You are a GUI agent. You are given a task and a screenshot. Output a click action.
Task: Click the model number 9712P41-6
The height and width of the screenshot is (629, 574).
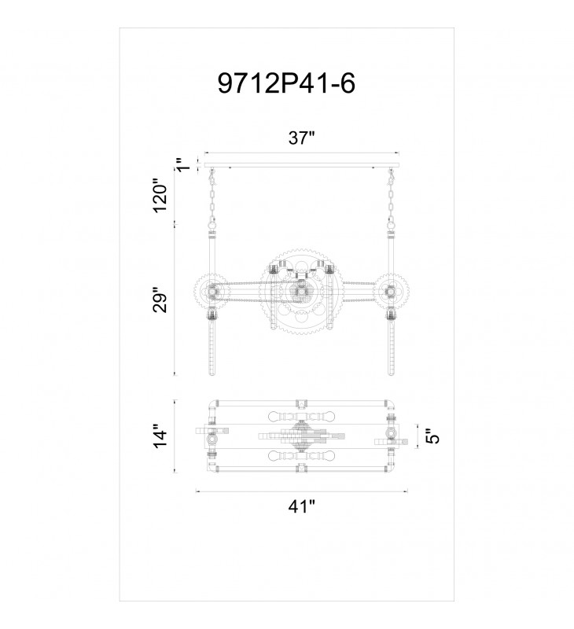(x=286, y=83)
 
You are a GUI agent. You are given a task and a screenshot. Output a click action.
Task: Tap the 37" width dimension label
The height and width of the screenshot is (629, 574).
(x=302, y=138)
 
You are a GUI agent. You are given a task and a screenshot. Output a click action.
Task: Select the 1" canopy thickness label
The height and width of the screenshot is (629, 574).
(x=183, y=164)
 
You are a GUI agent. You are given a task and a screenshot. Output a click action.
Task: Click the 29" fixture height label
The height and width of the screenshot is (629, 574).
(x=161, y=300)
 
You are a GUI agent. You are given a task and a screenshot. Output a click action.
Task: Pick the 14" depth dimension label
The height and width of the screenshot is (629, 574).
(x=161, y=436)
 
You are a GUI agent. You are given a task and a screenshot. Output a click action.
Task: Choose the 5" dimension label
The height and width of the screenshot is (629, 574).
(x=432, y=436)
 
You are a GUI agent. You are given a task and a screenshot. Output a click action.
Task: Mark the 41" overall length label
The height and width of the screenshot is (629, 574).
(x=302, y=506)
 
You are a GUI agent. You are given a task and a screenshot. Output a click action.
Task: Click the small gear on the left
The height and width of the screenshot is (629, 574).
(x=211, y=290)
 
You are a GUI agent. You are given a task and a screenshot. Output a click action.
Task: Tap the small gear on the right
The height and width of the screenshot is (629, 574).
(x=390, y=290)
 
